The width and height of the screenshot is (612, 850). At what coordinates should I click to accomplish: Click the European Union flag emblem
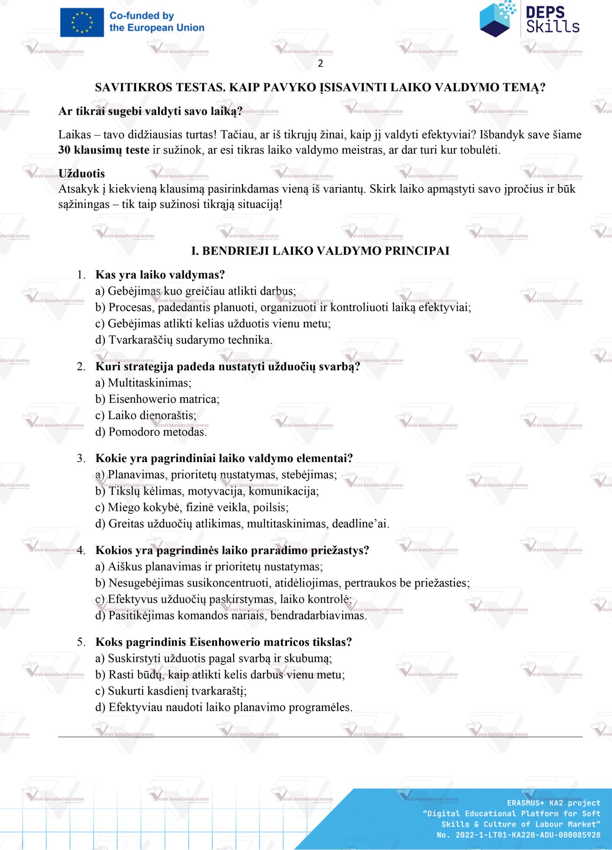click(82, 23)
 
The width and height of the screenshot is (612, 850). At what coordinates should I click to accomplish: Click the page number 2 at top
click(321, 64)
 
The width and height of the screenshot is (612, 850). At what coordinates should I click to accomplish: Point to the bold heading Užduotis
click(81, 174)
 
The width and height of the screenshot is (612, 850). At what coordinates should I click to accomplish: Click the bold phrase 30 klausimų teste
click(104, 150)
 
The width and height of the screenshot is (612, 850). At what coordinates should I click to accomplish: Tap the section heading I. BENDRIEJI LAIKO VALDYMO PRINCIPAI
click(320, 251)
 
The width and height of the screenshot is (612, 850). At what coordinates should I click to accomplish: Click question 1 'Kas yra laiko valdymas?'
click(160, 275)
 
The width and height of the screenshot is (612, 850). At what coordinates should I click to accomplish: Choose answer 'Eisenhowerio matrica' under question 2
click(164, 399)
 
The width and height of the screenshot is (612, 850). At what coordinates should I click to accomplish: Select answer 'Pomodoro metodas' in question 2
click(157, 432)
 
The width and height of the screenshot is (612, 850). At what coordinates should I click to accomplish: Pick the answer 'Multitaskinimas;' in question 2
click(149, 383)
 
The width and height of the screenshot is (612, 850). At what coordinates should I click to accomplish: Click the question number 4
click(81, 550)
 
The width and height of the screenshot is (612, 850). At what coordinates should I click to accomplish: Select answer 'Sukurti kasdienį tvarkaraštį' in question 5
click(177, 691)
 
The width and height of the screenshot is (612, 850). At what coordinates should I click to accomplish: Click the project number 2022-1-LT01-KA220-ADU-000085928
click(527, 835)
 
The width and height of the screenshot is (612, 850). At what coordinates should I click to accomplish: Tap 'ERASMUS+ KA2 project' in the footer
click(553, 803)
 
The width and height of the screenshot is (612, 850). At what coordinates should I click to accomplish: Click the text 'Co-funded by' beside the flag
click(142, 16)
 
